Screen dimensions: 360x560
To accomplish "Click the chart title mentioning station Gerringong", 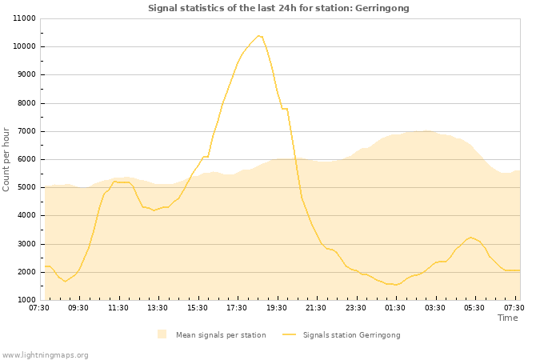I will pos(278,8).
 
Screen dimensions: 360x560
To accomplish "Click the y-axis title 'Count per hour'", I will pos(7,158).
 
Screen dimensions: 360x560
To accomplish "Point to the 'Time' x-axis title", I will pos(507,318).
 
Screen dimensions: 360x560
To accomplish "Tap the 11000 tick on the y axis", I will pos(23,18).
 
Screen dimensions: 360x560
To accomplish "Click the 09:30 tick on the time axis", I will pos(78,307).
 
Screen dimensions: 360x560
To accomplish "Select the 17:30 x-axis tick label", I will pos(237,307).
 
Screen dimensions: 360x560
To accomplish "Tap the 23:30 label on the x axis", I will pos(356,307).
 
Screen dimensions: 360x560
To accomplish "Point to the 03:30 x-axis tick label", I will pos(435,307).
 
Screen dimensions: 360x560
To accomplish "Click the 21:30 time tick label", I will pos(316,307).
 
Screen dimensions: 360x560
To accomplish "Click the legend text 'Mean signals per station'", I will pos(221,334).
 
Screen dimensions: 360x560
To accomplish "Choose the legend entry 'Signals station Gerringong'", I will pos(351,334).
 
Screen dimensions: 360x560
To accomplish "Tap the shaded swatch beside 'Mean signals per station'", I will pos(162,334).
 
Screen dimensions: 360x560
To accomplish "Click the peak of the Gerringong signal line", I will pos(258,35).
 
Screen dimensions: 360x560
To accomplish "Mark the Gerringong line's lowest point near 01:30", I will pos(395,285).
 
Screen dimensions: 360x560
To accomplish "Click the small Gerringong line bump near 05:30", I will pos(471,238).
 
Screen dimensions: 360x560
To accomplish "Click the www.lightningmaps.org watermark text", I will pos(46,354).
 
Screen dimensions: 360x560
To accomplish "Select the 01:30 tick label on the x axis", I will pos(395,307).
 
